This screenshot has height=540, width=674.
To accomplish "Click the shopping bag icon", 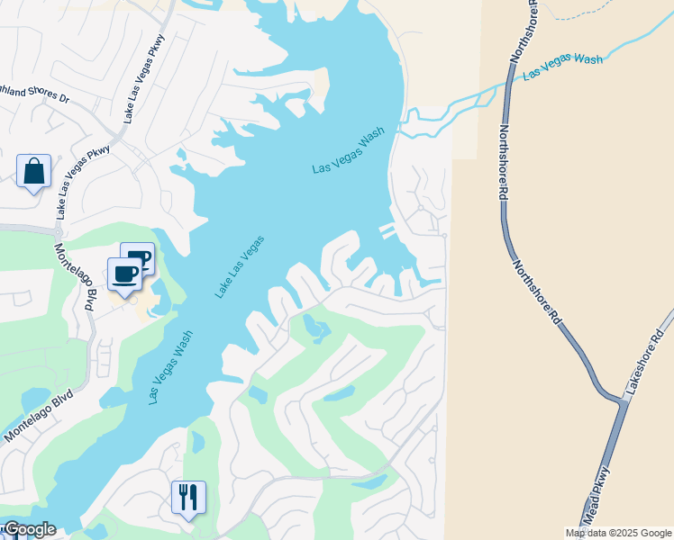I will coord(33,171).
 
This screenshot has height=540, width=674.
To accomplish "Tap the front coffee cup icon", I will coord(124,274).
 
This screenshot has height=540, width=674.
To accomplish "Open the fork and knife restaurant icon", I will coord(188,497).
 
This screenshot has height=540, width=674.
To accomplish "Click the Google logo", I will coord(29,529).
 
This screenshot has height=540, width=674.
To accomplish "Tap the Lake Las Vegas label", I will coord(240,266).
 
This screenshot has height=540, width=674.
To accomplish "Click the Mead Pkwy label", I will coord(598,499).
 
